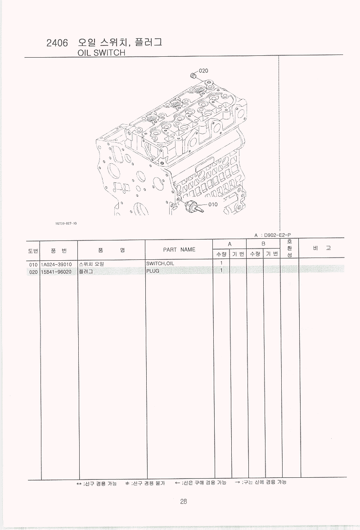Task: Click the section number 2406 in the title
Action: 57,43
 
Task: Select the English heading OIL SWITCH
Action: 101,53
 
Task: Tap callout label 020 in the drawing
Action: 204,71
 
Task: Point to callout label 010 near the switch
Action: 213,204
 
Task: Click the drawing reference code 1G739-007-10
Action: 66,223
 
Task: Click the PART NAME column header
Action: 179,249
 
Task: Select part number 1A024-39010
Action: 56,264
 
